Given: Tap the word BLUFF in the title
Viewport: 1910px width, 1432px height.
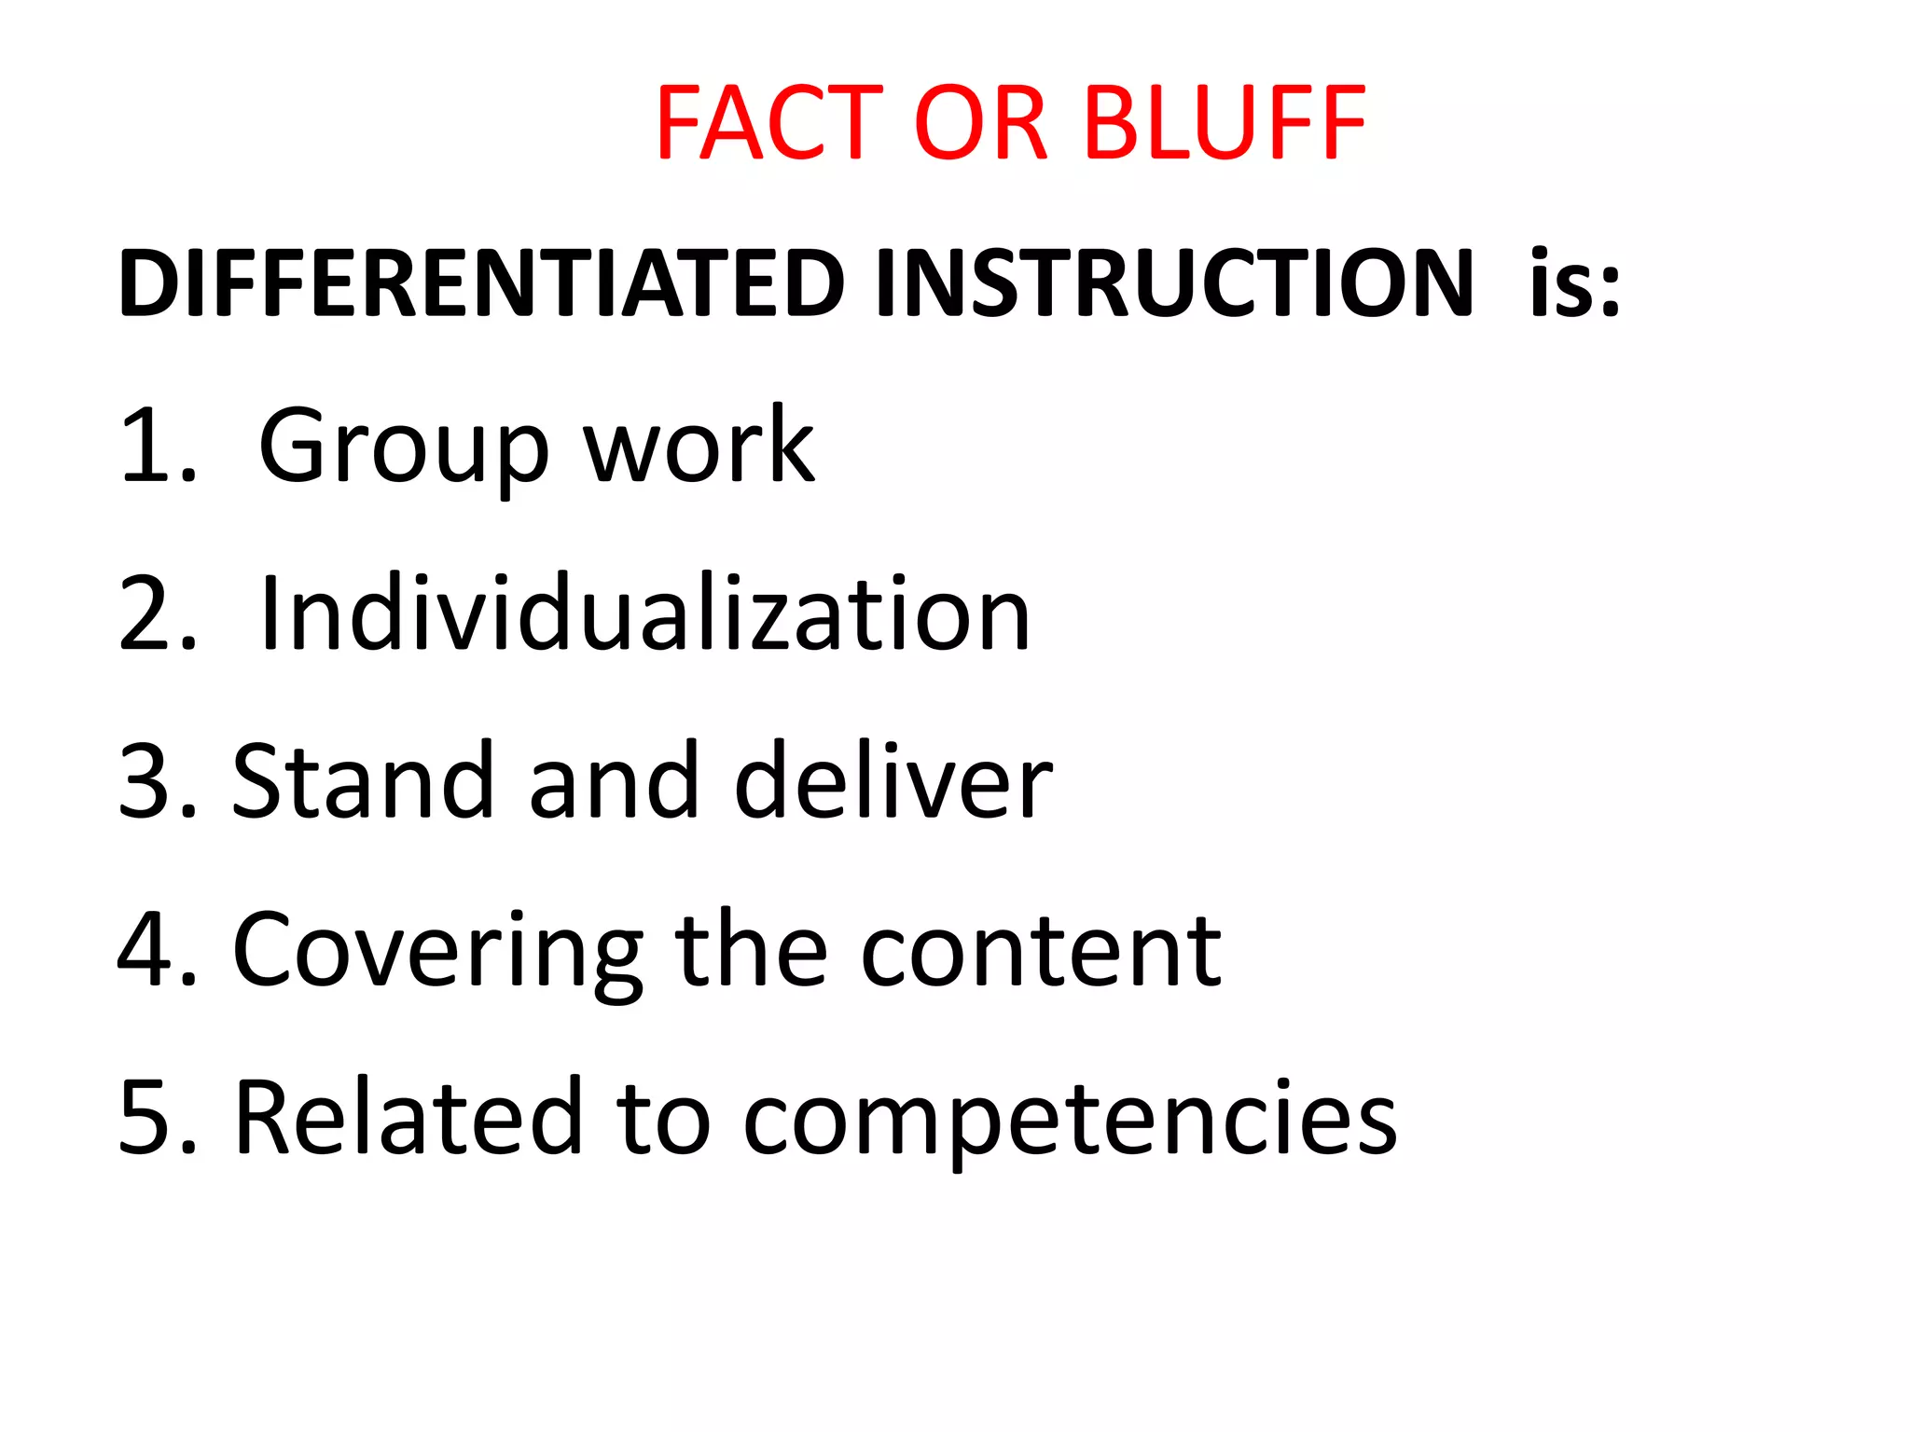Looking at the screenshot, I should point(1225,123).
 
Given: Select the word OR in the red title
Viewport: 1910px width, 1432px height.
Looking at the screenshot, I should point(981,123).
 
